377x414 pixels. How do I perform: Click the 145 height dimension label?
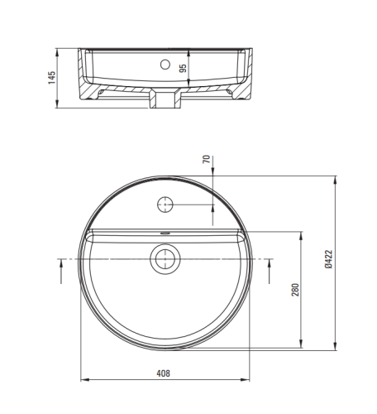[51, 78]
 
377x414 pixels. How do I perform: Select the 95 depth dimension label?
[183, 68]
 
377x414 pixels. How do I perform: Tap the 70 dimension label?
[207, 159]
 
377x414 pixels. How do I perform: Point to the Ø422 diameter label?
[328, 259]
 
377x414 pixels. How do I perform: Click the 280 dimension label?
[295, 290]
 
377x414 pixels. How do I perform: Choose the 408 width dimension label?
[164, 373]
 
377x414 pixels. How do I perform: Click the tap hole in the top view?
[165, 205]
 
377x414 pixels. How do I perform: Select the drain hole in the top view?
[165, 259]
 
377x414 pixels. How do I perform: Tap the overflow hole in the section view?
[165, 65]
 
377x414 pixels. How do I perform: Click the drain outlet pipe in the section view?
[165, 99]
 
